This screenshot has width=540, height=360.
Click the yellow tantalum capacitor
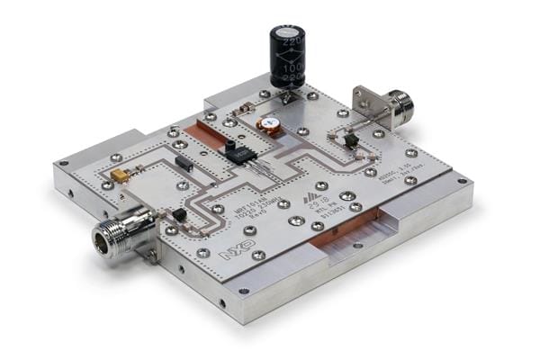pyautogui.click(x=119, y=176)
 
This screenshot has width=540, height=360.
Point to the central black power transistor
pyautogui.click(x=240, y=154)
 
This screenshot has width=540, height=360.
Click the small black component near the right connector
pyautogui.click(x=350, y=140)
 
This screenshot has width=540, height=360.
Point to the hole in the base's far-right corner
pyautogui.click(x=462, y=181)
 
